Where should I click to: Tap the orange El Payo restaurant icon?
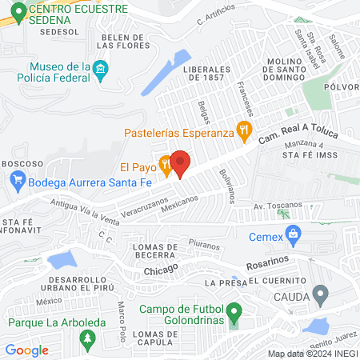coord(165,167)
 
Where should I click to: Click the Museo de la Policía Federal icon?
coord(100,70)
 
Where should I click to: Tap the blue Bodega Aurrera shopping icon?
coord(17,182)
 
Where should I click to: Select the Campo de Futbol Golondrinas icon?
coord(234,310)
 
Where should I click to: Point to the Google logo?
coord(27,350)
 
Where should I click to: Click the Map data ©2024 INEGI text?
coord(311,353)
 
